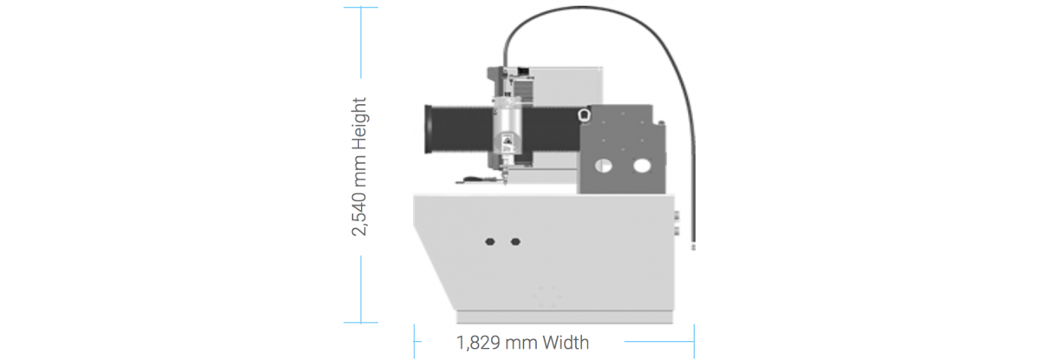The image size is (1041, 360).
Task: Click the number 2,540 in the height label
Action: pyautogui.click(x=359, y=213)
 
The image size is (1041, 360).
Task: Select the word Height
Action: pyautogui.click(x=360, y=124)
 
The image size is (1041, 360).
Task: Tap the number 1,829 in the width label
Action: pyautogui.click(x=478, y=344)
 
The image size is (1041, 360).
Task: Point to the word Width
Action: pyautogui.click(x=566, y=343)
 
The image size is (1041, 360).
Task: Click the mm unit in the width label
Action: pyautogui.click(x=521, y=344)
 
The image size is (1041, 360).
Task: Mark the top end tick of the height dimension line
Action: pyautogui.click(x=361, y=8)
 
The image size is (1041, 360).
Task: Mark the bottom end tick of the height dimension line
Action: pyautogui.click(x=361, y=322)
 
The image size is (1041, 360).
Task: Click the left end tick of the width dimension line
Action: pyautogui.click(x=414, y=342)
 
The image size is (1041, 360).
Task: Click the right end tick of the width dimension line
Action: pyautogui.click(x=694, y=342)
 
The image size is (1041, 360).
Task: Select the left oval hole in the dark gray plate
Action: pyautogui.click(x=603, y=166)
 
